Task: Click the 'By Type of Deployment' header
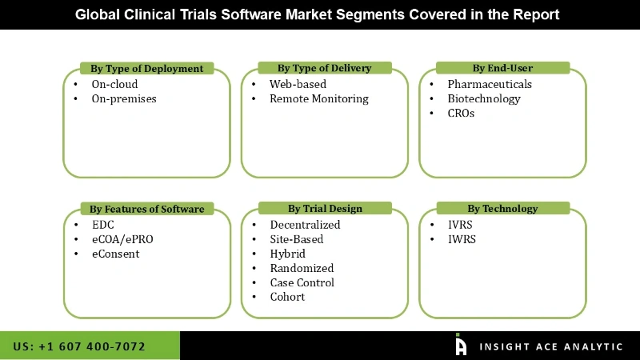pos(147,68)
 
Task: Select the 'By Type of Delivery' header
pos(325,68)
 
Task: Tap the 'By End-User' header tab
pos(502,68)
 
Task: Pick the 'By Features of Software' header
pos(147,209)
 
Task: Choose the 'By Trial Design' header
pos(325,209)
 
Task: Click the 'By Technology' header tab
pos(502,209)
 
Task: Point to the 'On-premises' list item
pos(124,98)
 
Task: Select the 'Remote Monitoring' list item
pos(318,98)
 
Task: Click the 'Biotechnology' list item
pos(483,98)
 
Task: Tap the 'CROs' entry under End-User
pos(461,113)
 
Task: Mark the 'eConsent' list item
pos(115,254)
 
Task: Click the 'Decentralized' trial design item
pos(305,225)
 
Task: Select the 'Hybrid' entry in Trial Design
pos(287,254)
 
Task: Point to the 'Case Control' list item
pos(302,282)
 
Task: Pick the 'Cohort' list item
pos(287,297)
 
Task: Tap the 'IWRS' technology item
pos(462,239)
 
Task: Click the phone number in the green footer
pos(79,346)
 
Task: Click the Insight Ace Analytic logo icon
pos(461,345)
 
